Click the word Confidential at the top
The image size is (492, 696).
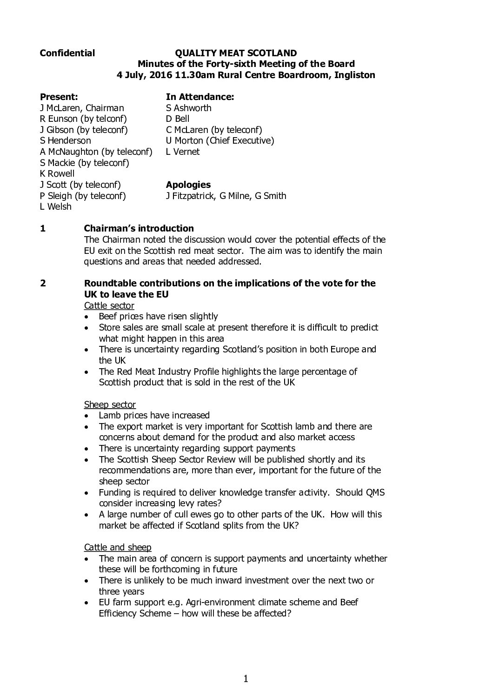(67, 53)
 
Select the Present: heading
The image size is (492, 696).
(59, 97)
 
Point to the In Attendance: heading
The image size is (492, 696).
(199, 97)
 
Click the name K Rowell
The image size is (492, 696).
(57, 173)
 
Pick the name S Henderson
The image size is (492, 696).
(66, 140)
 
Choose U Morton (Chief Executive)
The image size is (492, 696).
(220, 140)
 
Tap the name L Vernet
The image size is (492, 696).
(183, 152)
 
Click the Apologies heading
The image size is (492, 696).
(188, 185)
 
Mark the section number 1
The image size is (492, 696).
(43, 228)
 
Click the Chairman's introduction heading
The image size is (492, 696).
(139, 228)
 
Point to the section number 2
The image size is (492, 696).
(43, 283)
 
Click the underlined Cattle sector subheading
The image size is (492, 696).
(109, 305)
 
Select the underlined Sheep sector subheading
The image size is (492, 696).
(110, 404)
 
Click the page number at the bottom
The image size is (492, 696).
(246, 679)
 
